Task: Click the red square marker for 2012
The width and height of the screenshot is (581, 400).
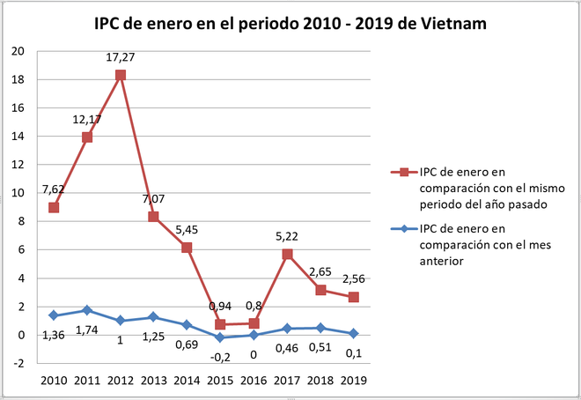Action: pos(121,75)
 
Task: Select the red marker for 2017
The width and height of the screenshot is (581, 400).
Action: pos(287,254)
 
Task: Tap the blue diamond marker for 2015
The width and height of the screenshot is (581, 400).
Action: pos(220,337)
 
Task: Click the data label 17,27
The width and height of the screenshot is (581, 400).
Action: pos(121,57)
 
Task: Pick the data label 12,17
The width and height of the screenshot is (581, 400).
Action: pos(88,119)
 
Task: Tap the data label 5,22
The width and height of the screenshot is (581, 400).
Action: pos(287,235)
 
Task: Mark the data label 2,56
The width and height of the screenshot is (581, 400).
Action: pos(353,280)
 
